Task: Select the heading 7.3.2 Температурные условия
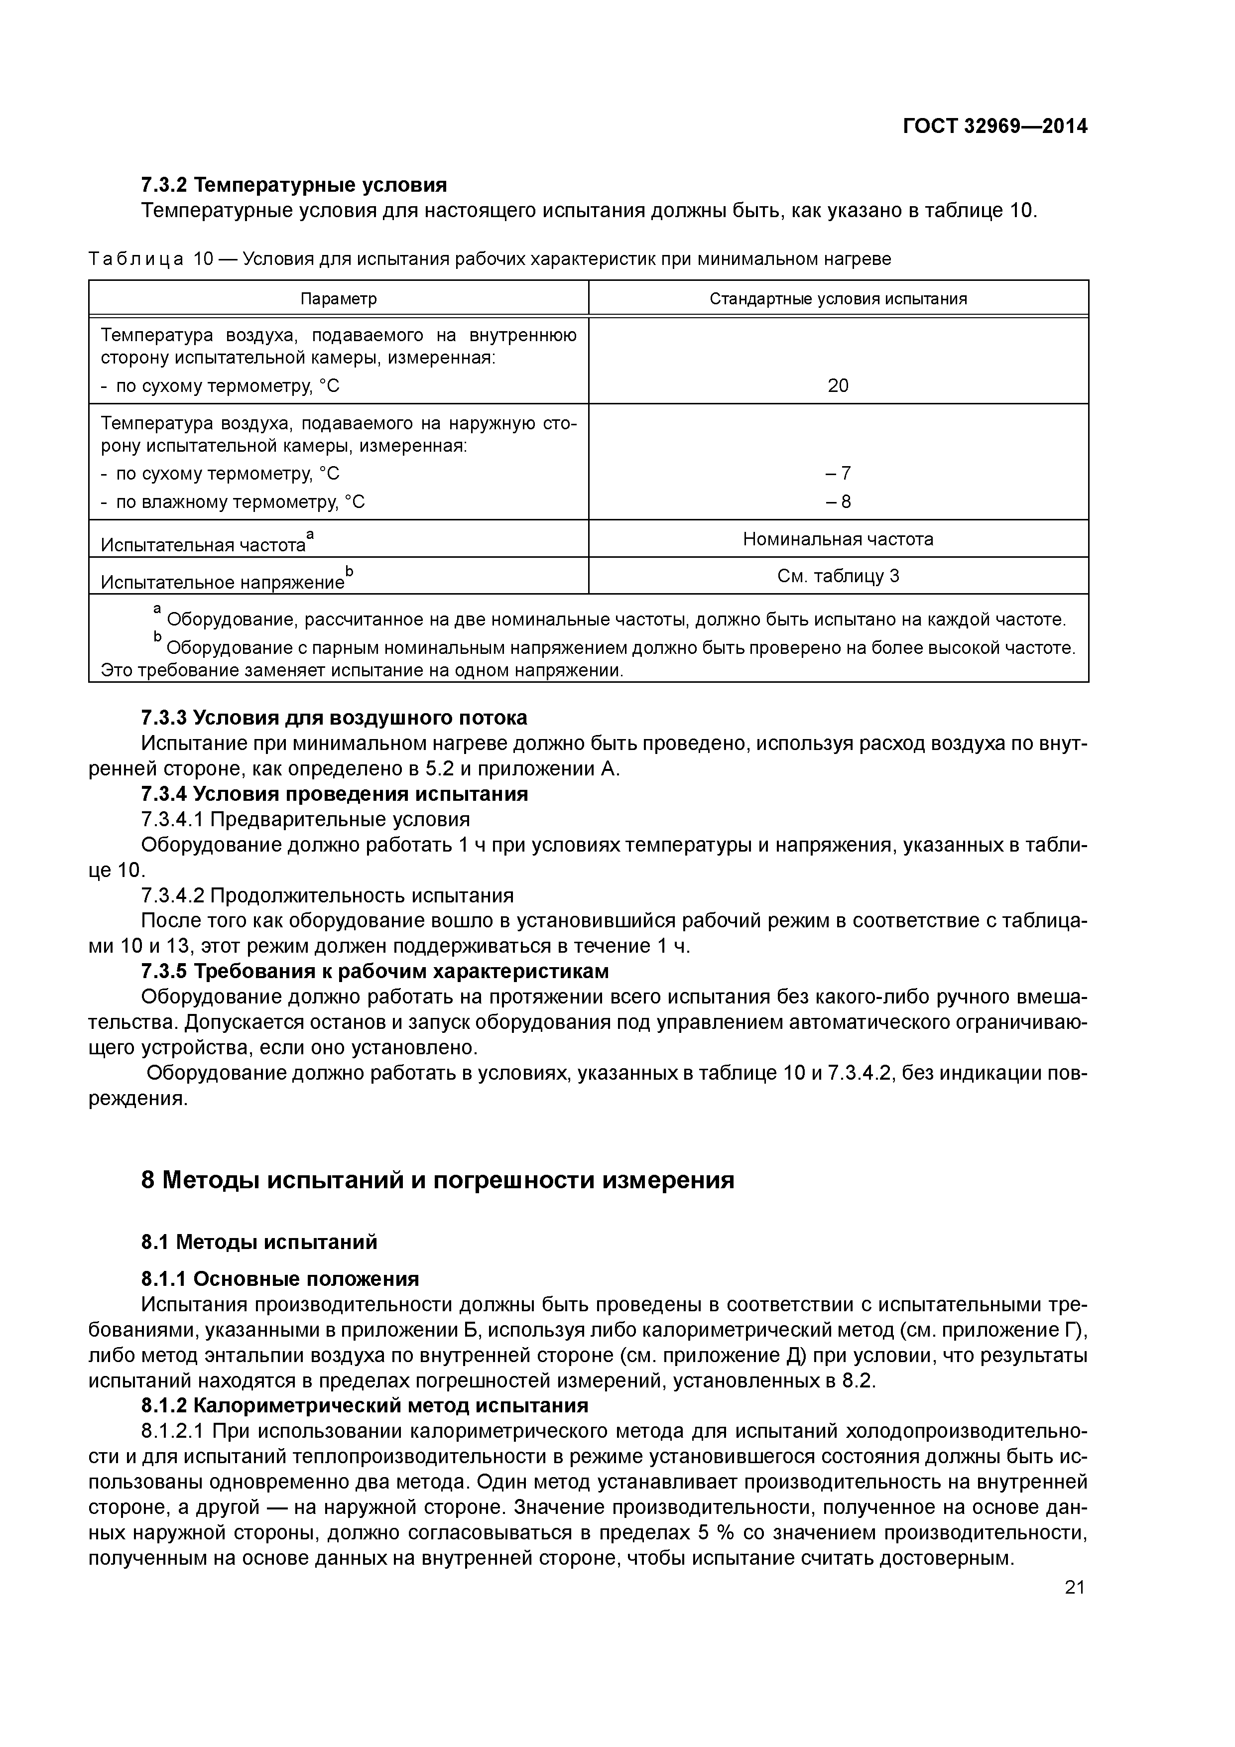click(x=294, y=185)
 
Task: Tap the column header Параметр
click(x=339, y=299)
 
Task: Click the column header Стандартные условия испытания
click(x=838, y=299)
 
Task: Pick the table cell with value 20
click(x=838, y=386)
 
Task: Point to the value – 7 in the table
click(x=838, y=473)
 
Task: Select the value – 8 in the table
click(x=838, y=501)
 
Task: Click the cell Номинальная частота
click(x=838, y=539)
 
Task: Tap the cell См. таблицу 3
click(x=838, y=576)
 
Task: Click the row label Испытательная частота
click(x=204, y=545)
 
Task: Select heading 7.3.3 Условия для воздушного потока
click(x=334, y=718)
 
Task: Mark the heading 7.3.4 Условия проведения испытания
click(x=334, y=794)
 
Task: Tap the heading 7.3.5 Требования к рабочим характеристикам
click(x=375, y=972)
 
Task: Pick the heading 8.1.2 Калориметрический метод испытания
click(x=365, y=1405)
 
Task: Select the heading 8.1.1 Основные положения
click(x=280, y=1279)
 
